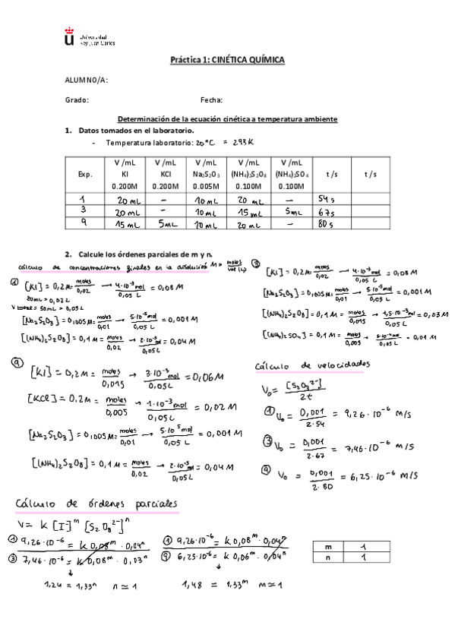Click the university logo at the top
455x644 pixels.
pos(71,36)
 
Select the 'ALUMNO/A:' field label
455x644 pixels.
pos(87,80)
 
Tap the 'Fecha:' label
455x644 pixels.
pos(211,99)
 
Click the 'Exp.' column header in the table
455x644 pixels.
pos(84,174)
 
